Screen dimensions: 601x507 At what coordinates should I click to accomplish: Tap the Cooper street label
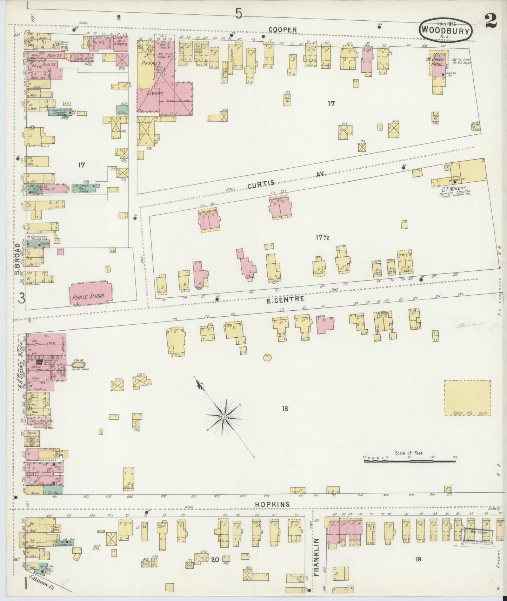tap(283, 31)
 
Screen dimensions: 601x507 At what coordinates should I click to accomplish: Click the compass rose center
tap(224, 417)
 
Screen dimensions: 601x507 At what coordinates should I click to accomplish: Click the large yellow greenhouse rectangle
tap(467, 398)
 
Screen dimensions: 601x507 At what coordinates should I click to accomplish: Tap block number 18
tap(285, 408)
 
